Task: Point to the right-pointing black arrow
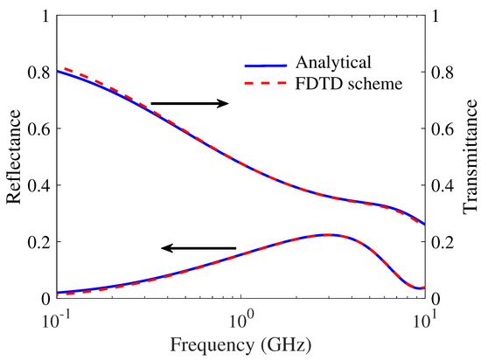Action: [x=189, y=104]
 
